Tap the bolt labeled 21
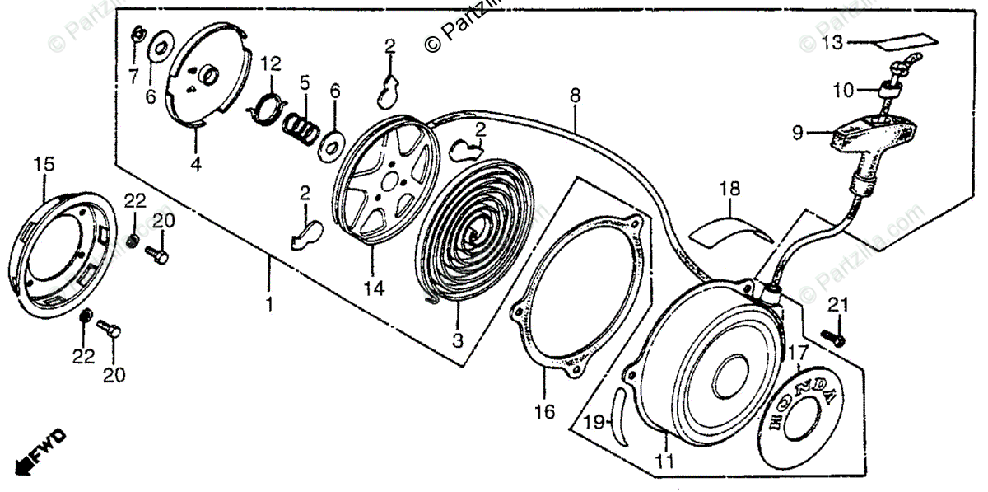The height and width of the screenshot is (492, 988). tap(834, 335)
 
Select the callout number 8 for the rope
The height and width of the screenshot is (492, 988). tap(575, 96)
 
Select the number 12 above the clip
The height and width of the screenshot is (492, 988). tap(271, 63)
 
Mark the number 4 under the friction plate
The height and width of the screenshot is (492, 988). tap(195, 164)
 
